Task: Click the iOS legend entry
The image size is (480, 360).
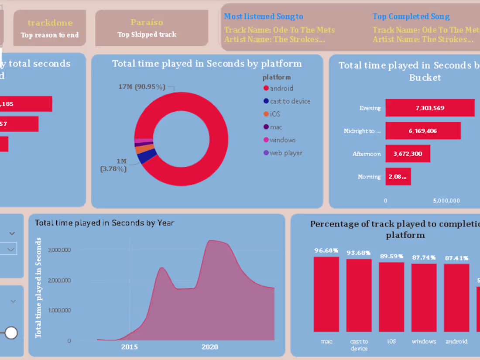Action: tap(274, 114)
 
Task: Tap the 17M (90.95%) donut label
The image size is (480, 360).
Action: tap(142, 87)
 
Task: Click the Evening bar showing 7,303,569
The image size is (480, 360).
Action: tap(430, 108)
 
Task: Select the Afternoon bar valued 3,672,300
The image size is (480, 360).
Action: tap(408, 154)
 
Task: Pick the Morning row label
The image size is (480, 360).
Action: tap(369, 177)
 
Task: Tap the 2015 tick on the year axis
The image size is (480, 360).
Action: tap(129, 347)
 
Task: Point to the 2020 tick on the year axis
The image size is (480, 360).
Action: tap(209, 347)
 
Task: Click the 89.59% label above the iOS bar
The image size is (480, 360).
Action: tap(391, 256)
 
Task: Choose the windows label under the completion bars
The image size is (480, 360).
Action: tap(424, 341)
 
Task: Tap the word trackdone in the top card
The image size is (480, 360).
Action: tap(50, 23)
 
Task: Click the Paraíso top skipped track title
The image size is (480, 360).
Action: tap(147, 22)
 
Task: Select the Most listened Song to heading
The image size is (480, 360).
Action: tap(264, 17)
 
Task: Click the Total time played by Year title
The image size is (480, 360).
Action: tap(104, 223)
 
